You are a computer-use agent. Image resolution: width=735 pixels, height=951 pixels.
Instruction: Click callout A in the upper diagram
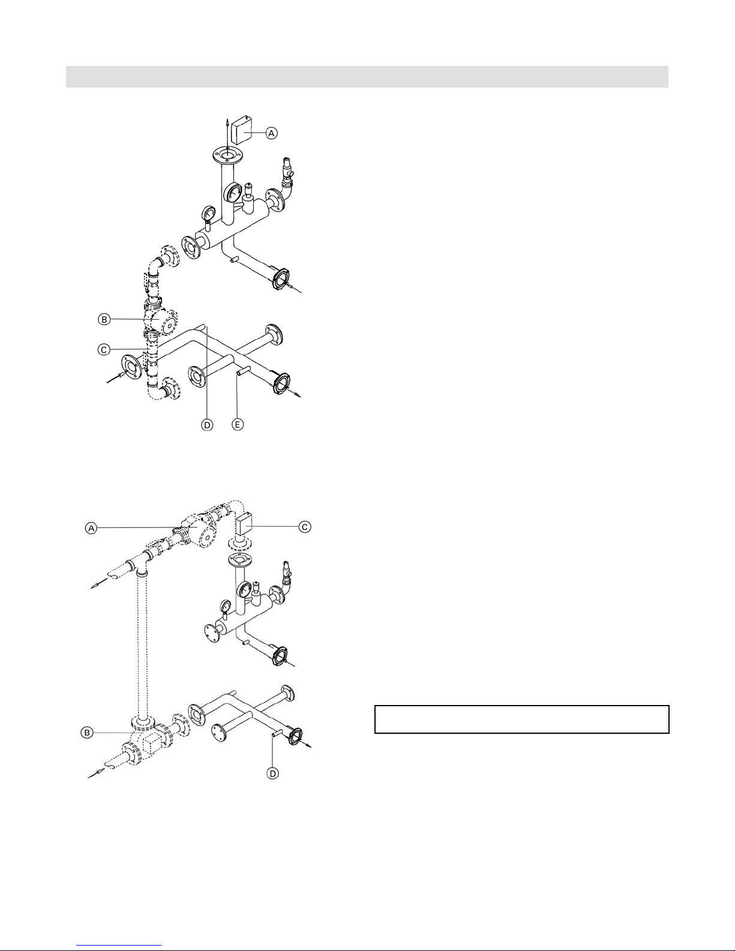coord(272,133)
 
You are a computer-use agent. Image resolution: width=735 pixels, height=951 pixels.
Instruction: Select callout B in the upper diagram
coord(104,319)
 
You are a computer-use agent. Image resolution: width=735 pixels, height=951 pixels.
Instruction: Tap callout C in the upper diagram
coord(104,350)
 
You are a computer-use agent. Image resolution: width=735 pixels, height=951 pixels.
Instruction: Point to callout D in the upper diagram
coord(207,425)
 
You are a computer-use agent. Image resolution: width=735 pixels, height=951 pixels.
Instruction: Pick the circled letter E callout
coord(238,425)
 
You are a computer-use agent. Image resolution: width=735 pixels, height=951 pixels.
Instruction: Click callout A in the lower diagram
coord(91,528)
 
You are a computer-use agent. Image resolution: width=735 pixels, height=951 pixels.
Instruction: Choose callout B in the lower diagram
coord(87,732)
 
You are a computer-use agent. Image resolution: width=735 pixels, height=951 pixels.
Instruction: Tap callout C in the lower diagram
coord(305,526)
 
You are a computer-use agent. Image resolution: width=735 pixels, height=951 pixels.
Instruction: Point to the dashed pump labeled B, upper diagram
coord(161,322)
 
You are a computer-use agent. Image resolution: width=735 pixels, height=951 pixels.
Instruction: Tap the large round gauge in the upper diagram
coord(233,191)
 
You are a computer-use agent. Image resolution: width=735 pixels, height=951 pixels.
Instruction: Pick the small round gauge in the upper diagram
coord(208,214)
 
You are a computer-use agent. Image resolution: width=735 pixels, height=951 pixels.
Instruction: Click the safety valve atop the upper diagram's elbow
coord(287,167)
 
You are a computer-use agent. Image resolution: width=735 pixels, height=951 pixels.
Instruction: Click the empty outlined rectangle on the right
coord(522,719)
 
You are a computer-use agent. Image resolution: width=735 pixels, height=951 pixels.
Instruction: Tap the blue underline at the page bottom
coord(119,946)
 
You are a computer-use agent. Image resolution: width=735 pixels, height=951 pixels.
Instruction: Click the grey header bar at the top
coord(367,77)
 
